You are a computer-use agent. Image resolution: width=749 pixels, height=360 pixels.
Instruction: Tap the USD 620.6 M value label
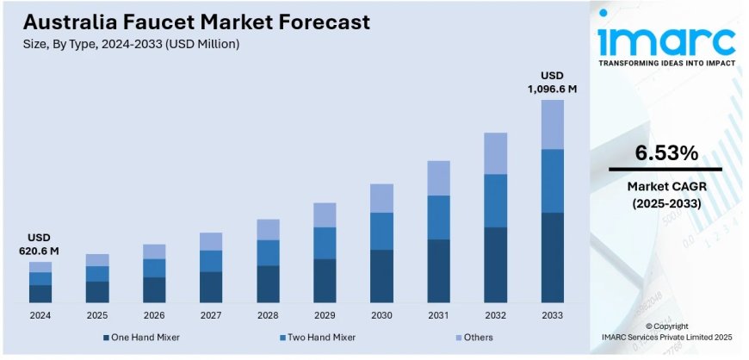40,244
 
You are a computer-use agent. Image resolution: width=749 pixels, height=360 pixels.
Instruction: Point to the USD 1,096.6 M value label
552,82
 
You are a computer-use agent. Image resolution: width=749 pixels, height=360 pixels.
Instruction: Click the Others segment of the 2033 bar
552,124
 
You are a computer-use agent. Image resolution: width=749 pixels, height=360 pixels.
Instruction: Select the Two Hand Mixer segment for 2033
552,181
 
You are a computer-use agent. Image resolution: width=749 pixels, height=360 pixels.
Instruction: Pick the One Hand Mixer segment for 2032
495,264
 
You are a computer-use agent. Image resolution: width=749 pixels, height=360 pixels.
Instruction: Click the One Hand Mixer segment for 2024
40,293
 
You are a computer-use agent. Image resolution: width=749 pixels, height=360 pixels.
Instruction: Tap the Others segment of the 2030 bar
381,198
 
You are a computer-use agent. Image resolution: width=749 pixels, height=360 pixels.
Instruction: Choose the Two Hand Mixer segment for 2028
268,252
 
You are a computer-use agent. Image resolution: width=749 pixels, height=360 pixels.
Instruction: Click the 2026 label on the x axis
154,316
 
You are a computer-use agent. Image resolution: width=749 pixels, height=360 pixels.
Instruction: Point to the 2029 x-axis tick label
325,316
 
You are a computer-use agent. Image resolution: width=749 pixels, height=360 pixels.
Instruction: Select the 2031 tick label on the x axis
438,316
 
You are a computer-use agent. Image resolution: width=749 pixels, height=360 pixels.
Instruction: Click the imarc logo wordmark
667,40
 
